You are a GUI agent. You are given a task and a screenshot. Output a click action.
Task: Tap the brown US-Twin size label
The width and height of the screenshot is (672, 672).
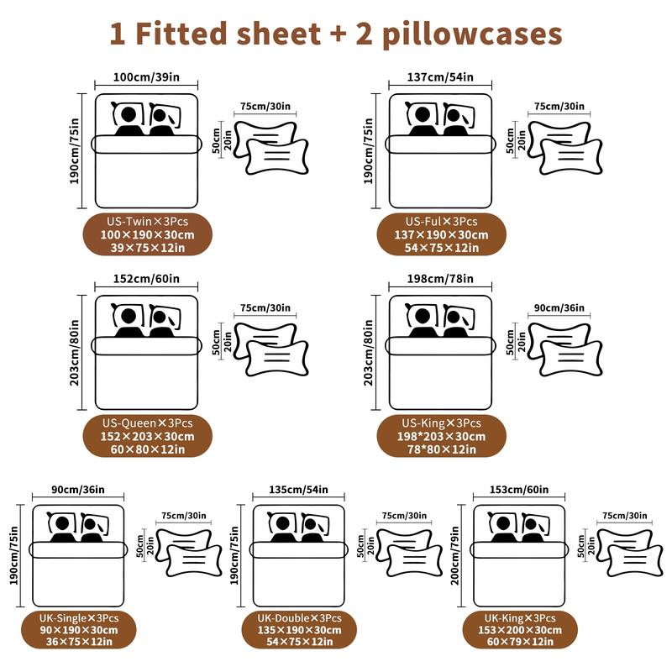[147, 234]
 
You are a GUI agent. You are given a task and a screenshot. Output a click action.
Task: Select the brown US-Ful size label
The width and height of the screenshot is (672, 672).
[440, 234]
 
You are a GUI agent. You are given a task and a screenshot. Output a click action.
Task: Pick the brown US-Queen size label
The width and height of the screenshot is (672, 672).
[147, 436]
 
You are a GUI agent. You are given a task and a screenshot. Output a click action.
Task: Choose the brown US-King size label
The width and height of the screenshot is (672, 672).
[440, 436]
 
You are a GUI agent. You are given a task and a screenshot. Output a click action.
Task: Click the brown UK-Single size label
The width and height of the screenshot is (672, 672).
[78, 630]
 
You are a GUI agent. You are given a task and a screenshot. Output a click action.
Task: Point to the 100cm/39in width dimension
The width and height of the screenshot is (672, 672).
[147, 77]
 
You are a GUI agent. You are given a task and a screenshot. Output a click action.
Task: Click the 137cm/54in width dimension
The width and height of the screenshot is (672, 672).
[440, 77]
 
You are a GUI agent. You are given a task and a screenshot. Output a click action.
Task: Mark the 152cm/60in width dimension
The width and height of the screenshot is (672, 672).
[147, 280]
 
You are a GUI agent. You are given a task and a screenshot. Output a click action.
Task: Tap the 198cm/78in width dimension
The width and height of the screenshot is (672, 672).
[440, 280]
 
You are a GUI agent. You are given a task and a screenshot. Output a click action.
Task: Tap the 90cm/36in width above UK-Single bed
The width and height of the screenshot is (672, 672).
[78, 490]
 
